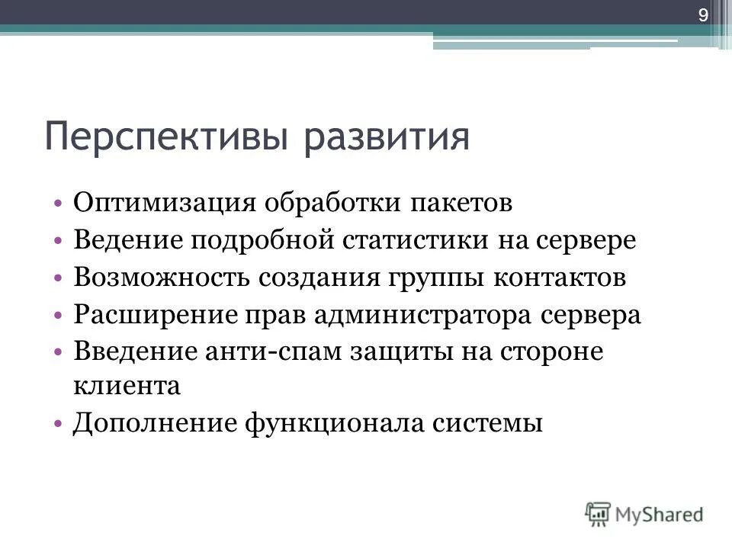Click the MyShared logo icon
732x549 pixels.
point(598,513)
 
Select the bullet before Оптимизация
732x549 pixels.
point(59,204)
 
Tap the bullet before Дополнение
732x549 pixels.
point(59,423)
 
